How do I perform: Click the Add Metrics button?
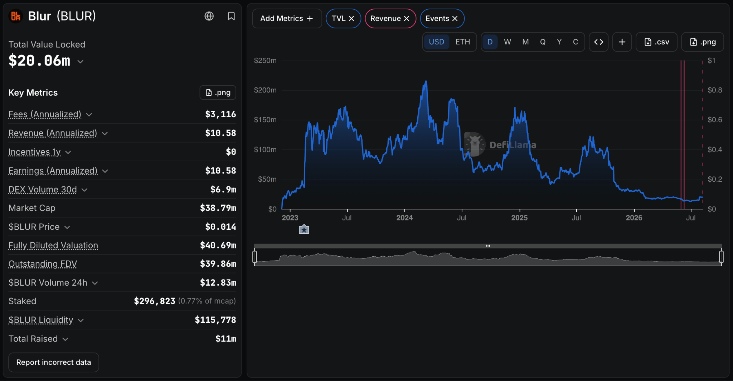[x=287, y=19]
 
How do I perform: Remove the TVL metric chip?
[x=351, y=19]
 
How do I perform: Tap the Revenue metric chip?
[x=390, y=19]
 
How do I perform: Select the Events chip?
[x=442, y=19]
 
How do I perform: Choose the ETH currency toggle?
[x=462, y=42]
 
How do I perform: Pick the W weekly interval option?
[x=507, y=42]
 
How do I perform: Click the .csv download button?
[x=656, y=42]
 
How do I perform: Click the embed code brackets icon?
[x=598, y=42]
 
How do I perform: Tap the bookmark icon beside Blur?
[x=231, y=16]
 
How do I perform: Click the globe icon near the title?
[x=209, y=16]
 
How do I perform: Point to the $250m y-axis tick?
[x=265, y=61]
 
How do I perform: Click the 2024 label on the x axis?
[x=404, y=218]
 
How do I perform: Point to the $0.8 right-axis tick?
[x=715, y=90]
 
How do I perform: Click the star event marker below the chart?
[x=304, y=229]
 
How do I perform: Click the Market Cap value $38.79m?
[x=218, y=208]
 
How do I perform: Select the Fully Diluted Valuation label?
[x=53, y=245]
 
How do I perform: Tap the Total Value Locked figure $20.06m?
[x=39, y=61]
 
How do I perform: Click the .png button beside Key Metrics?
[x=218, y=92]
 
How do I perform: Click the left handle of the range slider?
[x=254, y=257]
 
